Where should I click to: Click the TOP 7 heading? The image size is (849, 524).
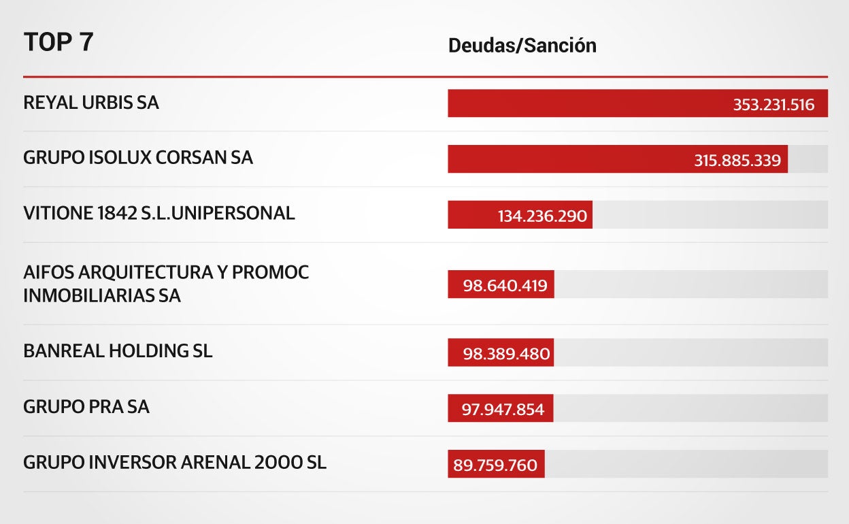click(x=59, y=42)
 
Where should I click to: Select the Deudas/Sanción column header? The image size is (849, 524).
click(x=522, y=46)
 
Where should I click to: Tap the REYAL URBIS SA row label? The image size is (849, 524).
click(x=91, y=103)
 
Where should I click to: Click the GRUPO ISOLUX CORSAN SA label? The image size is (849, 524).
click(x=138, y=158)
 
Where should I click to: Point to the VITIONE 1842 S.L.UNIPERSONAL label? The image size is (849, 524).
click(x=159, y=213)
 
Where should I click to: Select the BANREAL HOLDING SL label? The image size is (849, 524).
click(x=118, y=351)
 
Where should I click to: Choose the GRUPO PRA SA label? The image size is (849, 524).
click(x=86, y=407)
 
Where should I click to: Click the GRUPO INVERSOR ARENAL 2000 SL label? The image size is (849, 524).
click(x=175, y=463)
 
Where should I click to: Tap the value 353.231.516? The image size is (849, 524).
click(x=773, y=105)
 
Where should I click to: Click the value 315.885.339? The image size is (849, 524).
click(x=737, y=161)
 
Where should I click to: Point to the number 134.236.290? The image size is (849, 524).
click(x=542, y=216)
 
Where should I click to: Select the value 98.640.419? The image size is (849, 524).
click(x=505, y=285)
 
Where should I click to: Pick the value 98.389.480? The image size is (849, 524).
click(x=505, y=355)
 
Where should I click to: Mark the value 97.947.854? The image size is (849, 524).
click(x=503, y=410)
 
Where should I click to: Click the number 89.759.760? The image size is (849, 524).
click(x=495, y=465)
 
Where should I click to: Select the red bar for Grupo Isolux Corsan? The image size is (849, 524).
click(x=565, y=159)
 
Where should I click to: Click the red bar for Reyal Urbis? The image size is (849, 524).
click(x=585, y=103)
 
